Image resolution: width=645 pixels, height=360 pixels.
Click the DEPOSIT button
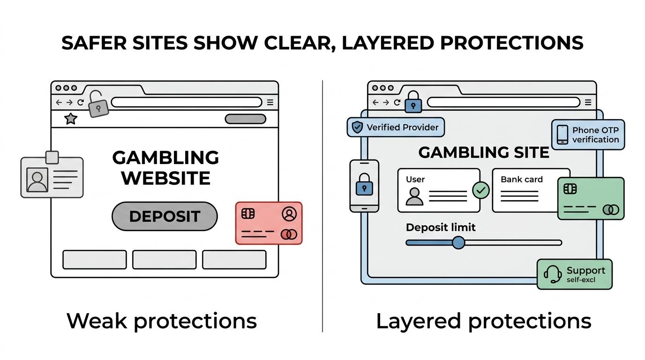(165, 216)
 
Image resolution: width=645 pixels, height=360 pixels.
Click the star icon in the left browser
(70, 119)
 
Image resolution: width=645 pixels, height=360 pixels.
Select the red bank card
(269, 223)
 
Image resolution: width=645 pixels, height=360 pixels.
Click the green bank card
(591, 198)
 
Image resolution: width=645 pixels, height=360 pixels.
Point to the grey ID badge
(52, 175)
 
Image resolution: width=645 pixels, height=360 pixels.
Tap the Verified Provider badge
(396, 127)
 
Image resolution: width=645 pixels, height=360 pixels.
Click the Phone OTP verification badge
(588, 135)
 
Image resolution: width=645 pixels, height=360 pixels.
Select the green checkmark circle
(481, 190)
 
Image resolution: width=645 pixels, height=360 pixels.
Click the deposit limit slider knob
(458, 242)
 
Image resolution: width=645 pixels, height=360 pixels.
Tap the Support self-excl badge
(575, 274)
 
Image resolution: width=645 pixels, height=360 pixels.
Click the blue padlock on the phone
(364, 185)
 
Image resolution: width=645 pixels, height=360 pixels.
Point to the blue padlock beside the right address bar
(413, 102)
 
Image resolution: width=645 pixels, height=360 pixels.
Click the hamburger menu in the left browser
(270, 102)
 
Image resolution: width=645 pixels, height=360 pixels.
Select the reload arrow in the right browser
(397, 102)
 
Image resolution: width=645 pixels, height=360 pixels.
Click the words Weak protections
(162, 321)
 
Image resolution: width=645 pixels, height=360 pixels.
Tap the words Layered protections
(484, 321)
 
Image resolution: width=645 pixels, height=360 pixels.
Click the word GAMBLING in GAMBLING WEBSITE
(165, 157)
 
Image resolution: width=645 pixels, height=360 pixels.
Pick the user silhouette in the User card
(414, 196)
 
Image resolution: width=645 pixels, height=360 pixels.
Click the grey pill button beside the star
(245, 119)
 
